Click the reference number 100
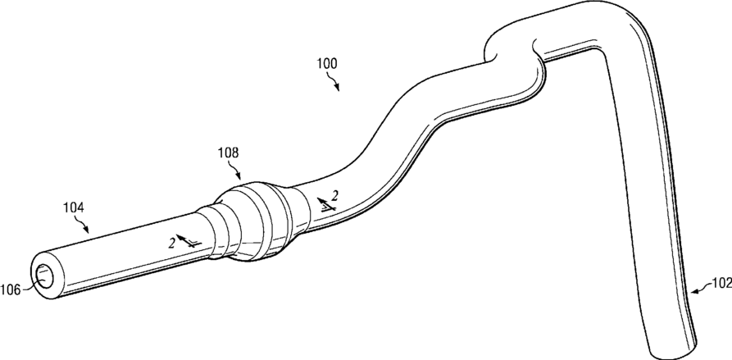(325, 62)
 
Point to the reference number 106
(11, 288)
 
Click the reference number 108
(228, 153)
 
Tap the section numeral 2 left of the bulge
(171, 240)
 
